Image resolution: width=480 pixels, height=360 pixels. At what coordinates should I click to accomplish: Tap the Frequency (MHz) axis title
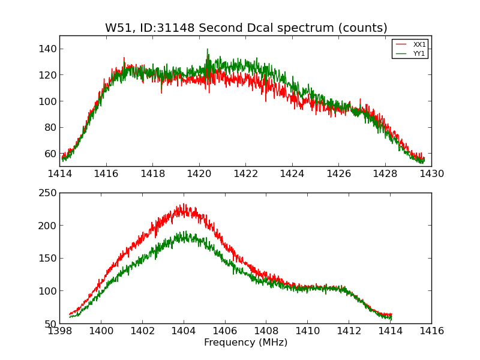coord(245,343)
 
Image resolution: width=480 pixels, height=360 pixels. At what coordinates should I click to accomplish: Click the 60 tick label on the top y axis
coord(52,154)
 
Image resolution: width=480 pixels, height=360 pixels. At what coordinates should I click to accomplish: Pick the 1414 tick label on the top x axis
coord(60,173)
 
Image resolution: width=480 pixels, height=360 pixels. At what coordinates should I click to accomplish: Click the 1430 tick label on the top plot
coord(431,173)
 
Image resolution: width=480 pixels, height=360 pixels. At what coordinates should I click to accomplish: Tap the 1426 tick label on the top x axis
coord(338,173)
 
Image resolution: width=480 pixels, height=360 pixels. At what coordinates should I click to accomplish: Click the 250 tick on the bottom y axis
coord(49,193)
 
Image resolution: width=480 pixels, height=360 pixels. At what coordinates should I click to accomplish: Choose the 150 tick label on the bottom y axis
coord(49,259)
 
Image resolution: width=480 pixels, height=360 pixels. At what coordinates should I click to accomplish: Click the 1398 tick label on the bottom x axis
coord(60,331)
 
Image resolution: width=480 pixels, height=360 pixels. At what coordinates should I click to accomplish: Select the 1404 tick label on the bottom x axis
coord(184,331)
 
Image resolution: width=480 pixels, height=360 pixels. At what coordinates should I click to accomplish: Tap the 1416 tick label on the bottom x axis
coord(431,331)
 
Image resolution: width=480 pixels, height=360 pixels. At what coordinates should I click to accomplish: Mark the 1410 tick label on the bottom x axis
coord(307,331)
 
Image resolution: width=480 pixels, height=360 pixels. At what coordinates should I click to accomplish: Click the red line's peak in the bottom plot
coord(183,205)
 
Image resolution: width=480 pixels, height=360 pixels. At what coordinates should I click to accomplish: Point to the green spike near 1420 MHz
coord(208,50)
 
